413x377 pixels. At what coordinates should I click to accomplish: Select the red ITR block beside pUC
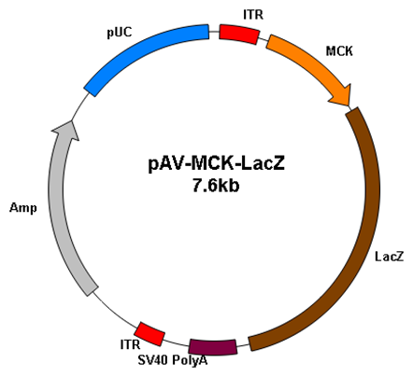coord(239,35)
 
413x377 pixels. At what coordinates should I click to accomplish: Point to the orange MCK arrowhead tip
coord(349,105)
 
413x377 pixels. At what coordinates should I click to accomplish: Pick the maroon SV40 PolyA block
coord(213,347)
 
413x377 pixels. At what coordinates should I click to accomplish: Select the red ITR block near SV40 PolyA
coord(150,334)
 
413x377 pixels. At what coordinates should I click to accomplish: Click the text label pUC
coord(120,32)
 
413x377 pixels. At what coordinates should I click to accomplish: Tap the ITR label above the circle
coord(253,15)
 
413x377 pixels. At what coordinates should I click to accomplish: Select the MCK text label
coord(339,51)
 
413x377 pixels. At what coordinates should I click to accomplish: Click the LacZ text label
coord(389,257)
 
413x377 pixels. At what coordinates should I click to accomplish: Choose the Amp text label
coord(23,208)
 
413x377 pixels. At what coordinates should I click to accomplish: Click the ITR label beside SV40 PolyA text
coord(130,344)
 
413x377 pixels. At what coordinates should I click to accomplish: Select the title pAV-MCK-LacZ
coord(216,164)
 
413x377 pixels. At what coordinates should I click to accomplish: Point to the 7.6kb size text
coord(216,186)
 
